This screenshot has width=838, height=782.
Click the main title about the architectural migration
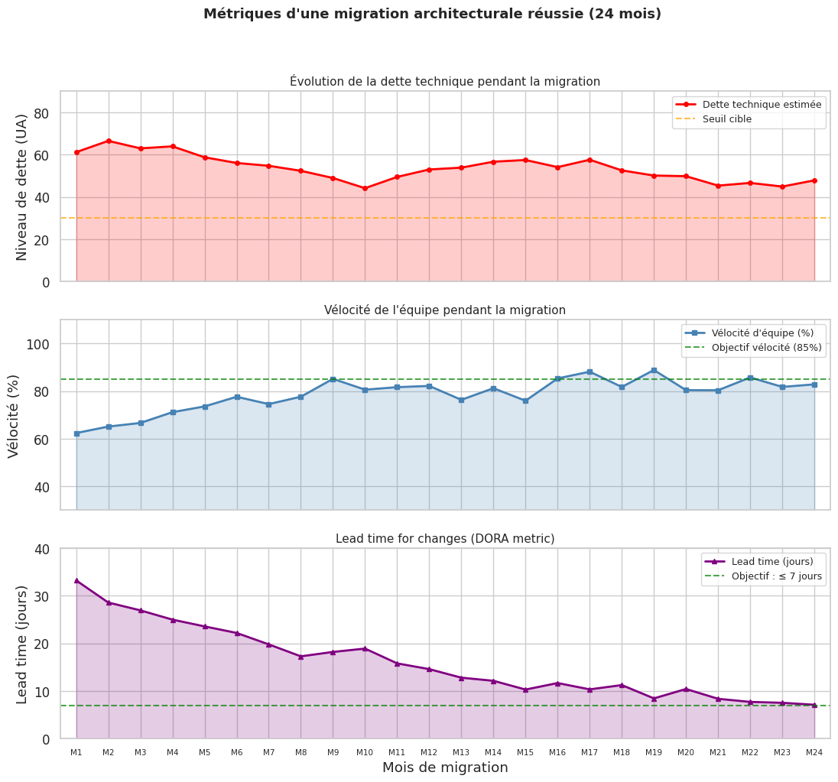[432, 14]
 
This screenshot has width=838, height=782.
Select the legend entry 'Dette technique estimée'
[762, 105]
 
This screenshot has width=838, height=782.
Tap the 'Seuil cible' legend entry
[726, 119]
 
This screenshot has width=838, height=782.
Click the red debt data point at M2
[109, 141]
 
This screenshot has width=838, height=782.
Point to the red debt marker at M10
[365, 188]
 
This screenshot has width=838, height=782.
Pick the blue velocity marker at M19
[654, 370]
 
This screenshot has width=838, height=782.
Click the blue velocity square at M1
[76, 433]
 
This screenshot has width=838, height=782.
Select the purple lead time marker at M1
[76, 580]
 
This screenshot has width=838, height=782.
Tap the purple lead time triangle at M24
[814, 705]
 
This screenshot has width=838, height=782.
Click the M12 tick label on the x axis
[429, 753]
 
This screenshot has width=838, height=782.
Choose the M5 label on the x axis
[205, 753]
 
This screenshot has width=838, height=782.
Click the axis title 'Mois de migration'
[445, 767]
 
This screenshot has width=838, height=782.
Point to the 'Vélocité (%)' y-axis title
[14, 416]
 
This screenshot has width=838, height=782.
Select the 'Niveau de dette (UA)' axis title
[21, 187]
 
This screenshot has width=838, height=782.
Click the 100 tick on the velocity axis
[40, 344]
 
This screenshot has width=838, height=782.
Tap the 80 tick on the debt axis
[43, 113]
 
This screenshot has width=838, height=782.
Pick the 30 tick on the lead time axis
[43, 596]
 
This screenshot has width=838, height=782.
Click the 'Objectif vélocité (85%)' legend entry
[766, 348]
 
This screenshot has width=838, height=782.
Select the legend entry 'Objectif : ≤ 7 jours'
[777, 576]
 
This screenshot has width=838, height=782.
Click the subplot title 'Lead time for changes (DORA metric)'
[445, 539]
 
